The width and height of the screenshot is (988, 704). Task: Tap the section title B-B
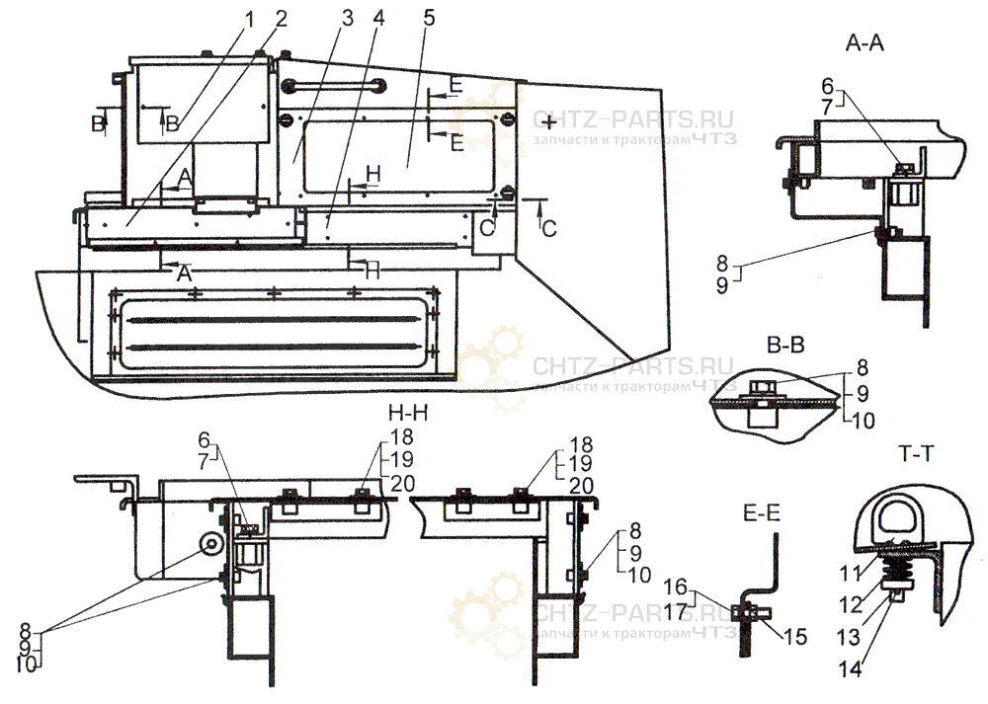(783, 344)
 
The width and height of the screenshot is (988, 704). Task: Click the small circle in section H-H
(211, 545)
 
